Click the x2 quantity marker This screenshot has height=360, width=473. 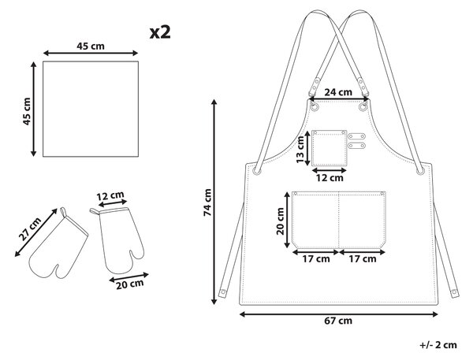click(x=160, y=32)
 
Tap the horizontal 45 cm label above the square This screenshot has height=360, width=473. click(x=91, y=46)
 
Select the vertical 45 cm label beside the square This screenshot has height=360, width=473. click(x=27, y=111)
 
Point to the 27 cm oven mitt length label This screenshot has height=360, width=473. click(x=30, y=229)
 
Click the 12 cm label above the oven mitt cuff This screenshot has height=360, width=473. click(x=110, y=196)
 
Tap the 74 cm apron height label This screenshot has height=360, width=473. click(x=207, y=202)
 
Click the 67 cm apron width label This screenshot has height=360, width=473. click(x=338, y=321)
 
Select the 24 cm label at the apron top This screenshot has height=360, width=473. click(x=338, y=92)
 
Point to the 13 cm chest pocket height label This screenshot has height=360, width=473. click(x=300, y=150)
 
